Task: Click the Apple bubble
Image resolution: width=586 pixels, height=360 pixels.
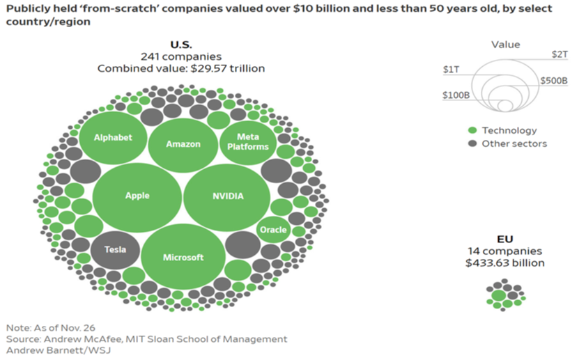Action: coord(137,196)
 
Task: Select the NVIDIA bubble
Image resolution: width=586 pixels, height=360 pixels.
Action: coord(227,196)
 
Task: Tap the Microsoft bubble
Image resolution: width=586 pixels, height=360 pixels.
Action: coord(183,257)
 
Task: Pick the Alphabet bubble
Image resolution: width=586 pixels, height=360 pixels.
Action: coord(113,137)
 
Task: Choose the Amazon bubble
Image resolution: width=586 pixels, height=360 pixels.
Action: coord(183,144)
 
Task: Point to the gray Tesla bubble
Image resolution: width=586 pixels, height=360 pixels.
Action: coord(115,249)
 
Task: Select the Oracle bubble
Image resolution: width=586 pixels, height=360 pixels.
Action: coord(273,230)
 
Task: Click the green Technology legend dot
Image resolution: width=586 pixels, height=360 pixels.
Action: coord(472,130)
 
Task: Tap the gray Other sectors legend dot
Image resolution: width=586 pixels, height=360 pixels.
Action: coord(472,143)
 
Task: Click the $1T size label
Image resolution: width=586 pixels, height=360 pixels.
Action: coord(451,70)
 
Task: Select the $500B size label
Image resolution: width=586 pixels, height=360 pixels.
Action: coord(553,81)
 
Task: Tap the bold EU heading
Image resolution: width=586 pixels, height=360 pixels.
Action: coord(505,239)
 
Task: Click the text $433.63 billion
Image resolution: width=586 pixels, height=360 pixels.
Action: coord(505,263)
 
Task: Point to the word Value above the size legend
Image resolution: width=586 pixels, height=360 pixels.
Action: coord(505,45)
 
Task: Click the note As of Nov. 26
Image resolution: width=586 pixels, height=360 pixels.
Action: coord(50,327)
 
